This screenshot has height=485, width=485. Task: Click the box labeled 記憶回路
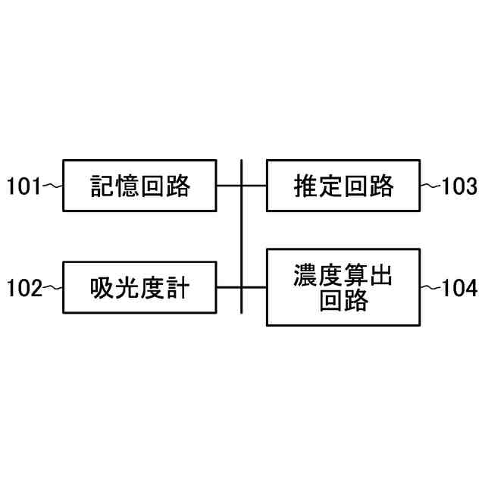click(139, 185)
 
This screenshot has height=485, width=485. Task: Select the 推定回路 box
click(343, 185)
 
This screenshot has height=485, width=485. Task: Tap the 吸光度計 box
click(139, 287)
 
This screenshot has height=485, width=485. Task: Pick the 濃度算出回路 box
click(343, 287)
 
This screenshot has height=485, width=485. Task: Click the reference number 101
click(23, 186)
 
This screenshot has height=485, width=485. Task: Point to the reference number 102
click(23, 288)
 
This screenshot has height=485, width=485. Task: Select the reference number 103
click(460, 186)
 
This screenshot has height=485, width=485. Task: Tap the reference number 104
click(460, 288)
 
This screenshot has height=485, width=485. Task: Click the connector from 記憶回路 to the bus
click(229, 186)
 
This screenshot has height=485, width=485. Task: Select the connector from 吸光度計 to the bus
click(229, 287)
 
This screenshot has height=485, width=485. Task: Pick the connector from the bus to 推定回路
click(255, 186)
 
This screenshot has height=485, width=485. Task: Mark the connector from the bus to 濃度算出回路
click(255, 287)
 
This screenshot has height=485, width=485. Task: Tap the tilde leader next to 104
click(430, 288)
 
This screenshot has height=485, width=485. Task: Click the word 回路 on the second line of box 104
click(343, 302)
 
